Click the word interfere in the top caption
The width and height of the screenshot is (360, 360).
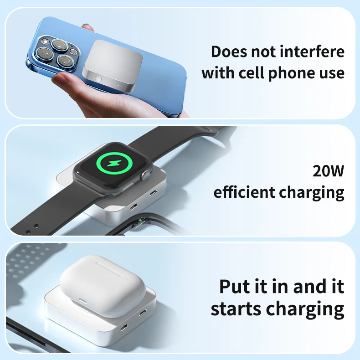pyautogui.click(x=311, y=52)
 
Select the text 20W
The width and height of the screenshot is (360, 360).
pyautogui.click(x=329, y=171)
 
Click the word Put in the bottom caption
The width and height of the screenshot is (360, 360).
pyautogui.click(x=236, y=287)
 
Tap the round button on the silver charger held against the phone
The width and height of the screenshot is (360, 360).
pyautogui.click(x=98, y=79)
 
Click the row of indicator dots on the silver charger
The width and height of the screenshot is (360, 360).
pyautogui.click(x=120, y=84)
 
